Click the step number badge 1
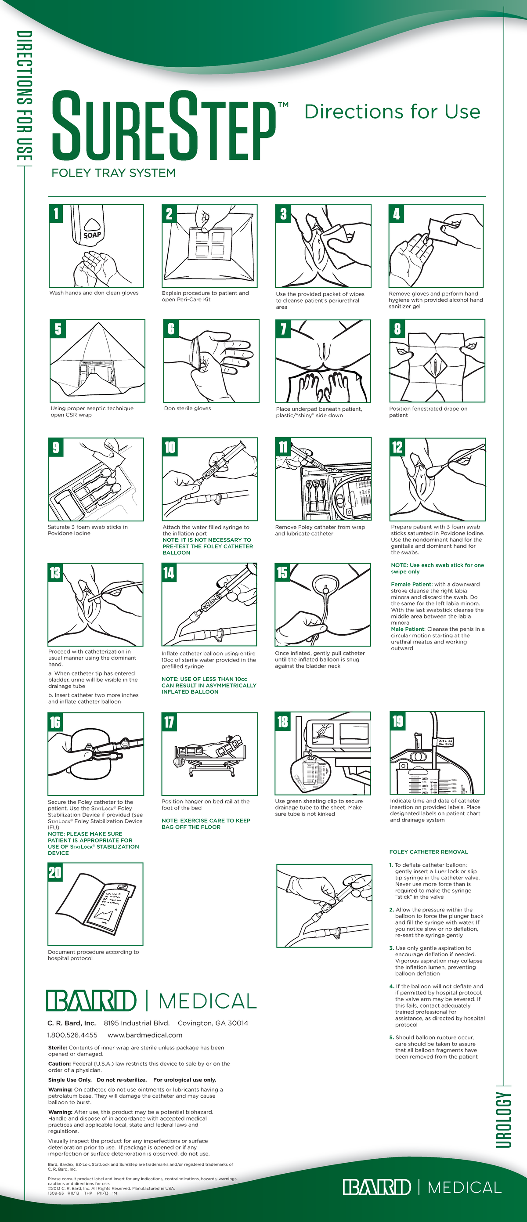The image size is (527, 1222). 56,213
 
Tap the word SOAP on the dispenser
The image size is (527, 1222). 92,235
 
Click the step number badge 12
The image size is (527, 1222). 397,447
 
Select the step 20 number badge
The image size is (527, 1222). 55,872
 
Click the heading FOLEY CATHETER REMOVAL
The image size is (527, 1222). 428,852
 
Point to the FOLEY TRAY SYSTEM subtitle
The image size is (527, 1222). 113,173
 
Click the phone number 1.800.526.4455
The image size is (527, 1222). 72,1035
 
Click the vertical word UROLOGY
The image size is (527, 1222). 504,1120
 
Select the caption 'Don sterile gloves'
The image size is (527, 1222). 188,409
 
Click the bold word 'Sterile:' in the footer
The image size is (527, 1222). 58,1048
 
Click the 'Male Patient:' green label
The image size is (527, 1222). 408,629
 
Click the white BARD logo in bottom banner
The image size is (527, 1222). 377,1187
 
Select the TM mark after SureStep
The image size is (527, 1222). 283,105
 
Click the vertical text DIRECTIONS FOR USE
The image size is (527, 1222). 24,95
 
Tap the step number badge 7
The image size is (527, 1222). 283,329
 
